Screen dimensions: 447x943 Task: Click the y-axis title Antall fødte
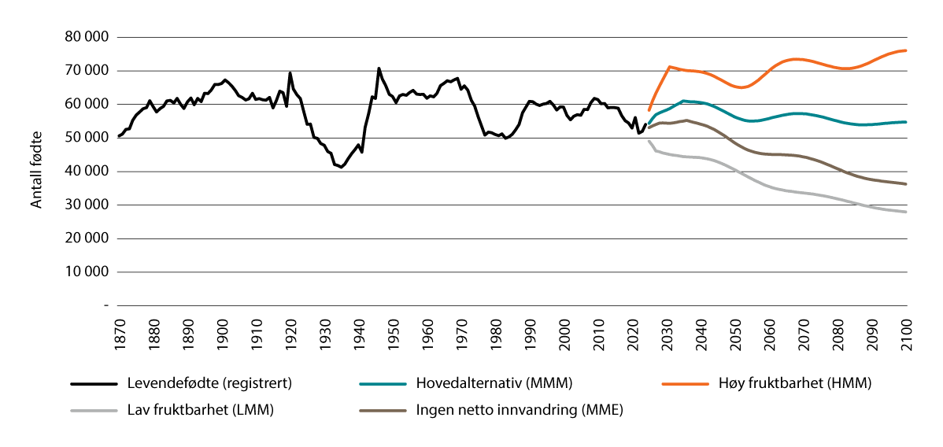pyautogui.click(x=37, y=171)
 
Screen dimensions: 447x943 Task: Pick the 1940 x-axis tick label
pyautogui.click(x=359, y=332)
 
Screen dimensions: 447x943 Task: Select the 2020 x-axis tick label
pyautogui.click(x=633, y=332)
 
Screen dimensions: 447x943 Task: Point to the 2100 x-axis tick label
pyautogui.click(x=906, y=332)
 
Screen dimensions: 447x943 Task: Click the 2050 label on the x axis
pyautogui.click(x=735, y=332)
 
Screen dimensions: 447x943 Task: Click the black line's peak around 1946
pyautogui.click(x=379, y=68)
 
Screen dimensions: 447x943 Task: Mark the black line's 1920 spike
pyautogui.click(x=290, y=73)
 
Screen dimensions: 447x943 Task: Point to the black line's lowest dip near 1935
pyautogui.click(x=341, y=167)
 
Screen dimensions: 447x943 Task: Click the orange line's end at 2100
pyautogui.click(x=906, y=50)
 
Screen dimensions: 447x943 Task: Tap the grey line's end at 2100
pyautogui.click(x=906, y=212)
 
